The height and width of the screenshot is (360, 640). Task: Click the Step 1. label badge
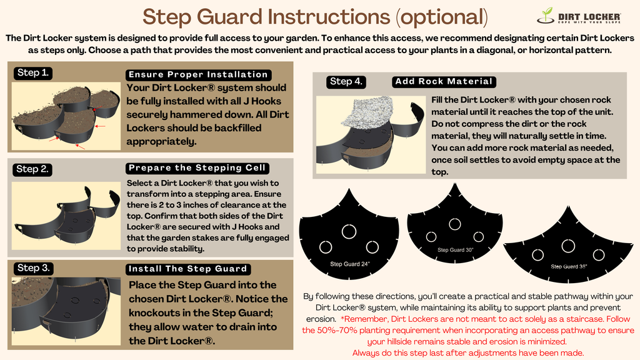coord(32,73)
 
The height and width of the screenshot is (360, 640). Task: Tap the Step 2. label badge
coord(32,169)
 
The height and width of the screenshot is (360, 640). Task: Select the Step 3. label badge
coord(33,268)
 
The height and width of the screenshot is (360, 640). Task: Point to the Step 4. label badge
coord(346,82)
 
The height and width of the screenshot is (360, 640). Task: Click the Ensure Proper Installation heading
coord(198,75)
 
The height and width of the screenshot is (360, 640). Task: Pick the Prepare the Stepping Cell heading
coord(197,168)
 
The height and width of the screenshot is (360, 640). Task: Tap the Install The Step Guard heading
coord(188,269)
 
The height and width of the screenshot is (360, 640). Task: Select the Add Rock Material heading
coord(444,82)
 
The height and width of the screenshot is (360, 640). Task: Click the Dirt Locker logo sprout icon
coord(546,16)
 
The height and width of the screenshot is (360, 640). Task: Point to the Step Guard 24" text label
coord(350,264)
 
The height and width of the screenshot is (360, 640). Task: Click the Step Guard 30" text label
coord(455,250)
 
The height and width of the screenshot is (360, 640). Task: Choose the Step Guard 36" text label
coord(569,266)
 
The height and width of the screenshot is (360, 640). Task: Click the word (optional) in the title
coord(442,17)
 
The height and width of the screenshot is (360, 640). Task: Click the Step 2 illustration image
coord(66,216)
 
